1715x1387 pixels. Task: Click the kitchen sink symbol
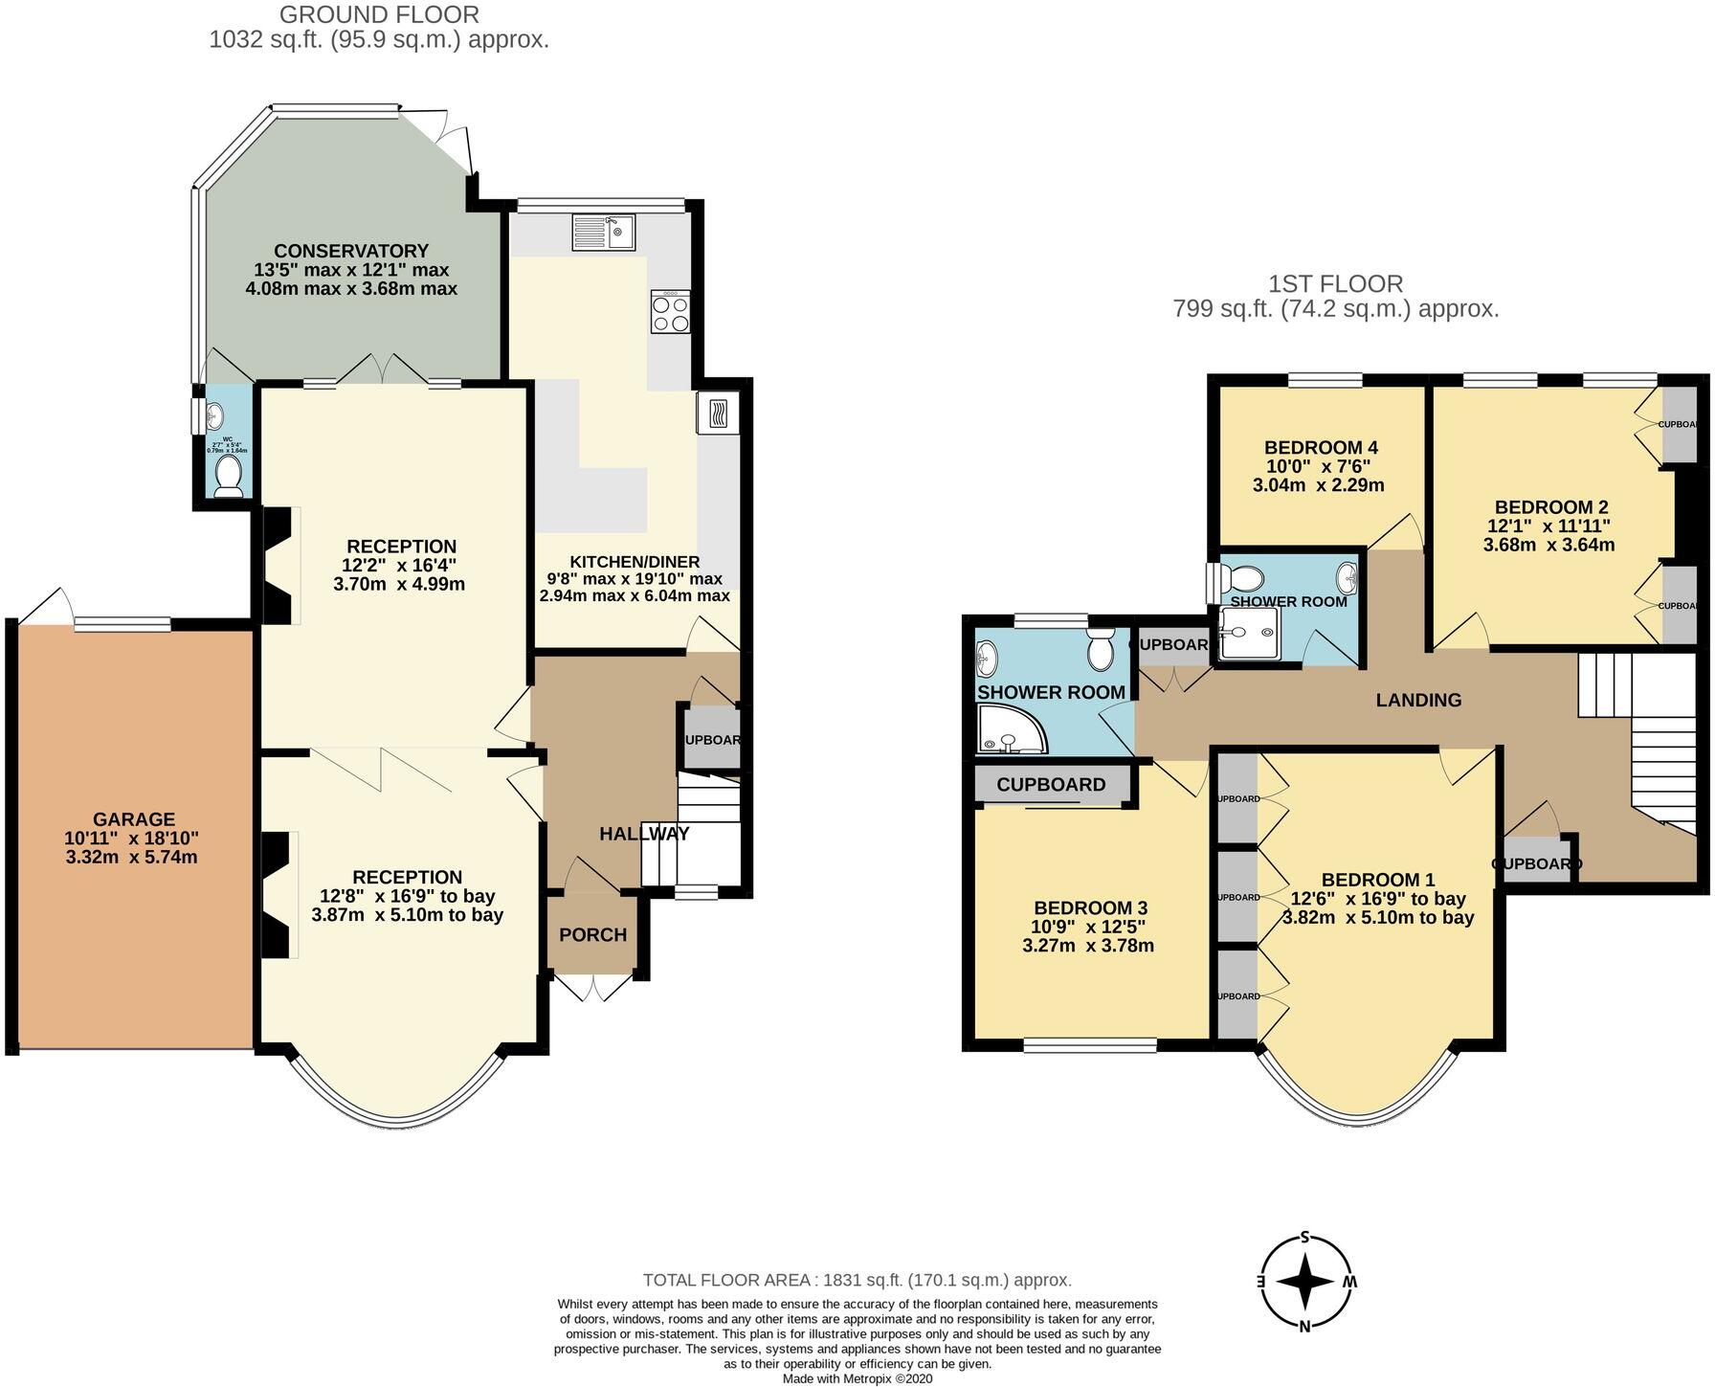[x=603, y=232]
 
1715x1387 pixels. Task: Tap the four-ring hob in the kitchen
[x=670, y=312]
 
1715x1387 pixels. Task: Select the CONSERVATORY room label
[x=351, y=252]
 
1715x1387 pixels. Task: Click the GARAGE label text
[x=134, y=819]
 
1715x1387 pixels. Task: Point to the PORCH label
[x=592, y=935]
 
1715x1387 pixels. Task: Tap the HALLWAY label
[x=644, y=834]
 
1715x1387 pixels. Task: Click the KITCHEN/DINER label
[x=635, y=562]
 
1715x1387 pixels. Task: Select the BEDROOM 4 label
[x=1320, y=447]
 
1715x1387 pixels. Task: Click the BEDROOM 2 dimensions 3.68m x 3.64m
[x=1548, y=545]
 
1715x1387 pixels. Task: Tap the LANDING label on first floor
[x=1418, y=700]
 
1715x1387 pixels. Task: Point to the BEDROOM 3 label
[x=1090, y=907]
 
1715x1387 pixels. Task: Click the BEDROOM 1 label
[x=1377, y=880]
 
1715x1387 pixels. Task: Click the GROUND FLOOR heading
[x=379, y=14]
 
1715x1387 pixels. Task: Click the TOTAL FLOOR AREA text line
[x=857, y=1280]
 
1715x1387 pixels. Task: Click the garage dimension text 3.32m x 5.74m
[x=132, y=857]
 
